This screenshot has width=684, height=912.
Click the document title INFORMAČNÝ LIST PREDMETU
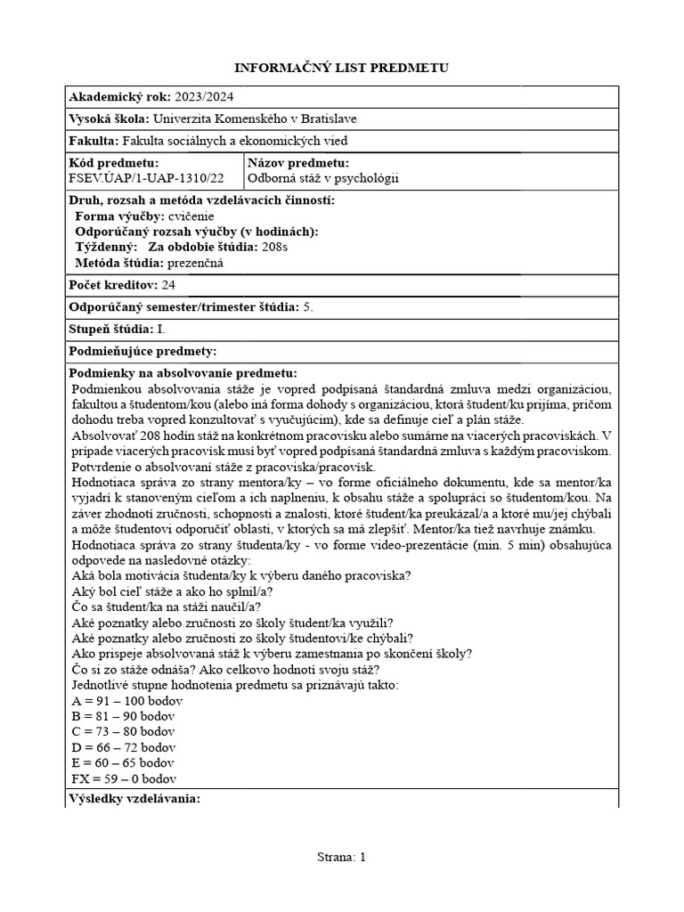[341, 68]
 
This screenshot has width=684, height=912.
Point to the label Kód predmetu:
[113, 163]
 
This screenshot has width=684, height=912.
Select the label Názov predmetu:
[298, 163]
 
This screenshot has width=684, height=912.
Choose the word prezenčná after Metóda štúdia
[196, 263]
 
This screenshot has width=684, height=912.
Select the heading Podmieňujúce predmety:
[142, 352]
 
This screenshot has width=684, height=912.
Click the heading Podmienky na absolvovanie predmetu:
[183, 373]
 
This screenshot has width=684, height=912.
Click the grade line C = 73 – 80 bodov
[124, 731]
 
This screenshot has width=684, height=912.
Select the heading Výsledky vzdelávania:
[134, 798]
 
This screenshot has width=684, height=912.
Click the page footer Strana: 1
[341, 857]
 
